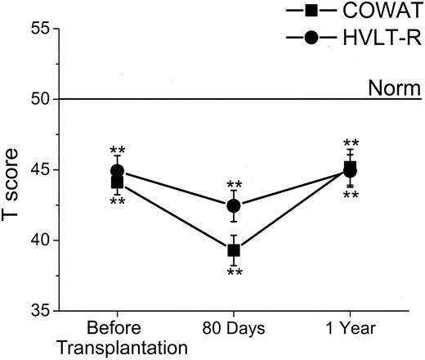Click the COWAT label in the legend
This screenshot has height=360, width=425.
[378, 12]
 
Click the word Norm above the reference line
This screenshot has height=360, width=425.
[389, 87]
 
